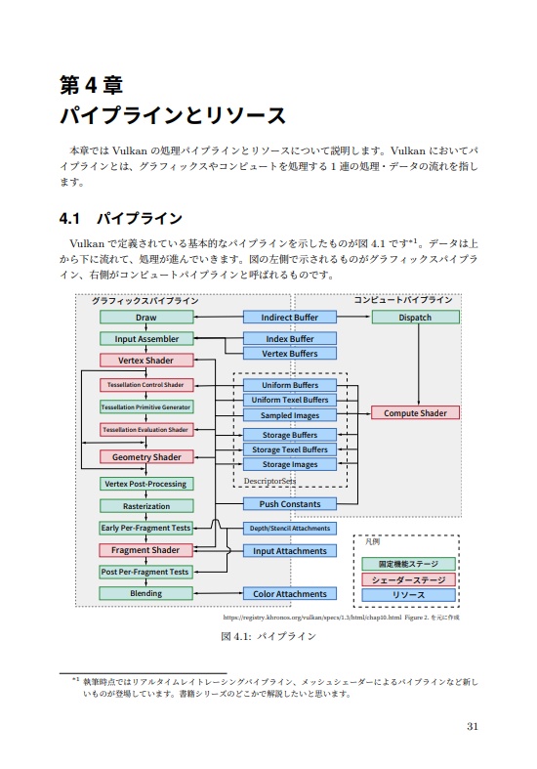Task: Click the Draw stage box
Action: (x=146, y=318)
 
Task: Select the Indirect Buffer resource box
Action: (x=289, y=318)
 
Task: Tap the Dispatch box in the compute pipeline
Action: (x=415, y=318)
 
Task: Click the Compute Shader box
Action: (x=415, y=413)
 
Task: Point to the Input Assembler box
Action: (x=146, y=339)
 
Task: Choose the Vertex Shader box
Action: (x=146, y=361)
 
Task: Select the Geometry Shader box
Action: (x=146, y=456)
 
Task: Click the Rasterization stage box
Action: (x=146, y=506)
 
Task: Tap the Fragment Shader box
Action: (x=146, y=550)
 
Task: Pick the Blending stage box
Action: (x=146, y=593)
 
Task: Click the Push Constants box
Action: (x=289, y=504)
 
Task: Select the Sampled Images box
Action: (x=289, y=415)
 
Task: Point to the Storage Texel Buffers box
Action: (x=289, y=449)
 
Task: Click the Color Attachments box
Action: (x=289, y=594)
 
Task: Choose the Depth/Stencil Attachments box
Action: (x=289, y=529)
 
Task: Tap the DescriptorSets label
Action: (x=269, y=481)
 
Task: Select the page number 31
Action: (x=473, y=726)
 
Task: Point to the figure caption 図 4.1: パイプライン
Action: (x=268, y=636)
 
